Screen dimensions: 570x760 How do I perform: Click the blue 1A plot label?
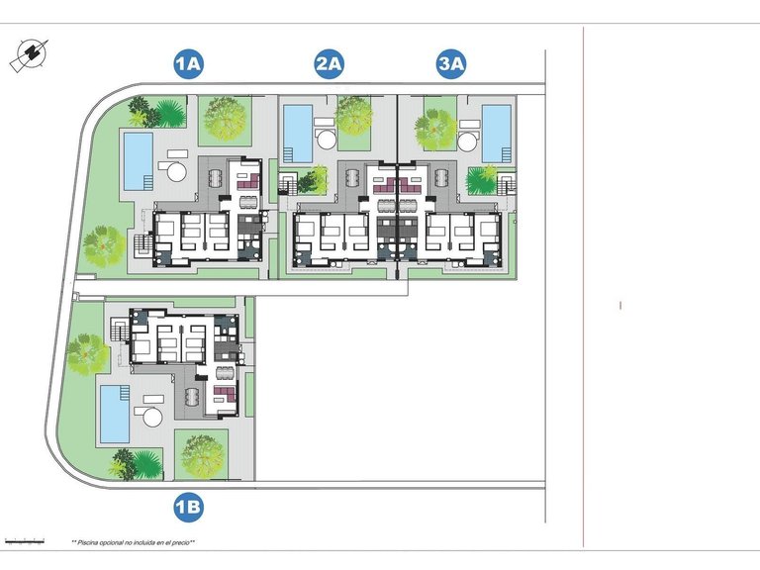tap(188, 65)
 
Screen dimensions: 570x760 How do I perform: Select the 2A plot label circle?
tap(329, 65)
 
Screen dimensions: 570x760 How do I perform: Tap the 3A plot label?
tap(451, 65)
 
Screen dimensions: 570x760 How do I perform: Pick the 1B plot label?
tap(188, 509)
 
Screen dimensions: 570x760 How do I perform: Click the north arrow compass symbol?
tap(30, 54)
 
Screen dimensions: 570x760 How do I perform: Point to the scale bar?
tap(25, 541)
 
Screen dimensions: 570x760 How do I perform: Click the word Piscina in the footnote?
tap(93, 542)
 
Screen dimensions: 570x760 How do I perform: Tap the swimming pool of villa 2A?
tap(296, 132)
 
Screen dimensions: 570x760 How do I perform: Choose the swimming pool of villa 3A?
tap(495, 133)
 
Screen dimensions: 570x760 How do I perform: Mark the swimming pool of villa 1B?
tap(114, 413)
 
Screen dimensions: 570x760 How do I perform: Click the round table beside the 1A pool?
tap(176, 171)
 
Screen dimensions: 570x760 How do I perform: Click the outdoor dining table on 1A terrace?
tap(217, 179)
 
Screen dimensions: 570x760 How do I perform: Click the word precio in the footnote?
tap(182, 542)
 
